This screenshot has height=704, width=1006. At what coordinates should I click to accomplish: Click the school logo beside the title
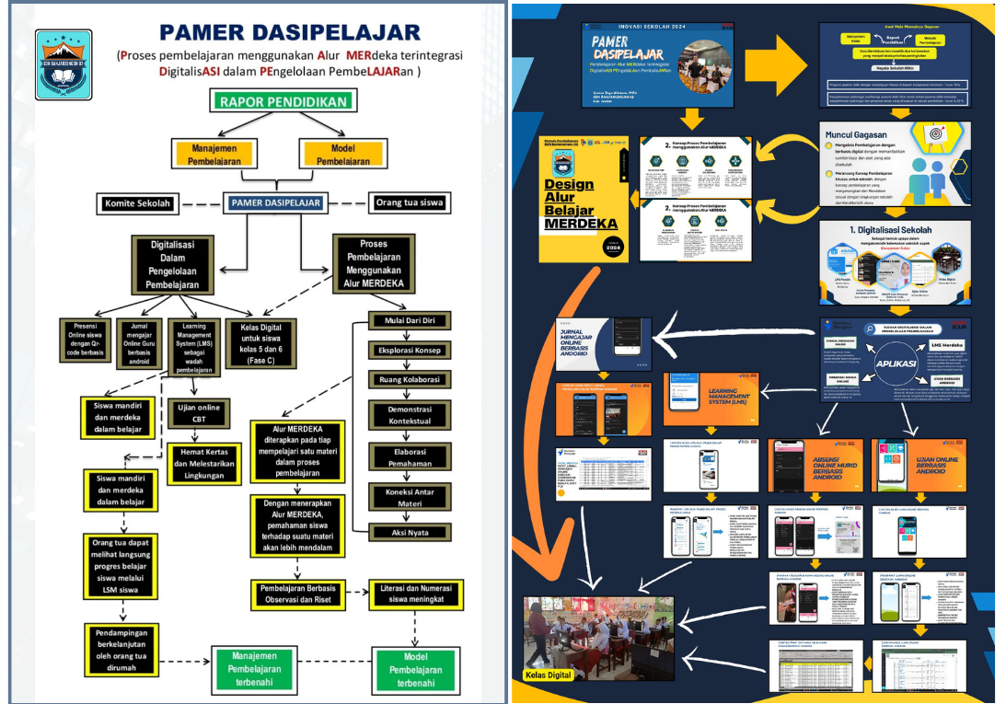click(x=64, y=64)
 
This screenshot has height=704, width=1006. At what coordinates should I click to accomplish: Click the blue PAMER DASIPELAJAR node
click(x=276, y=202)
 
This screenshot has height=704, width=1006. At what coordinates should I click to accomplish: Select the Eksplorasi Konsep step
click(x=410, y=351)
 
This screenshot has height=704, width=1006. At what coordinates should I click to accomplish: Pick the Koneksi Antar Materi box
click(x=410, y=497)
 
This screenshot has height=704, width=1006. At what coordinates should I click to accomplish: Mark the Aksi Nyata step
click(x=410, y=532)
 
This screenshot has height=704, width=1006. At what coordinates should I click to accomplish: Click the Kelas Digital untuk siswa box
click(x=260, y=343)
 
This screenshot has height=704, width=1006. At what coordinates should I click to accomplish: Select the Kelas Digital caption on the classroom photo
click(x=549, y=675)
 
